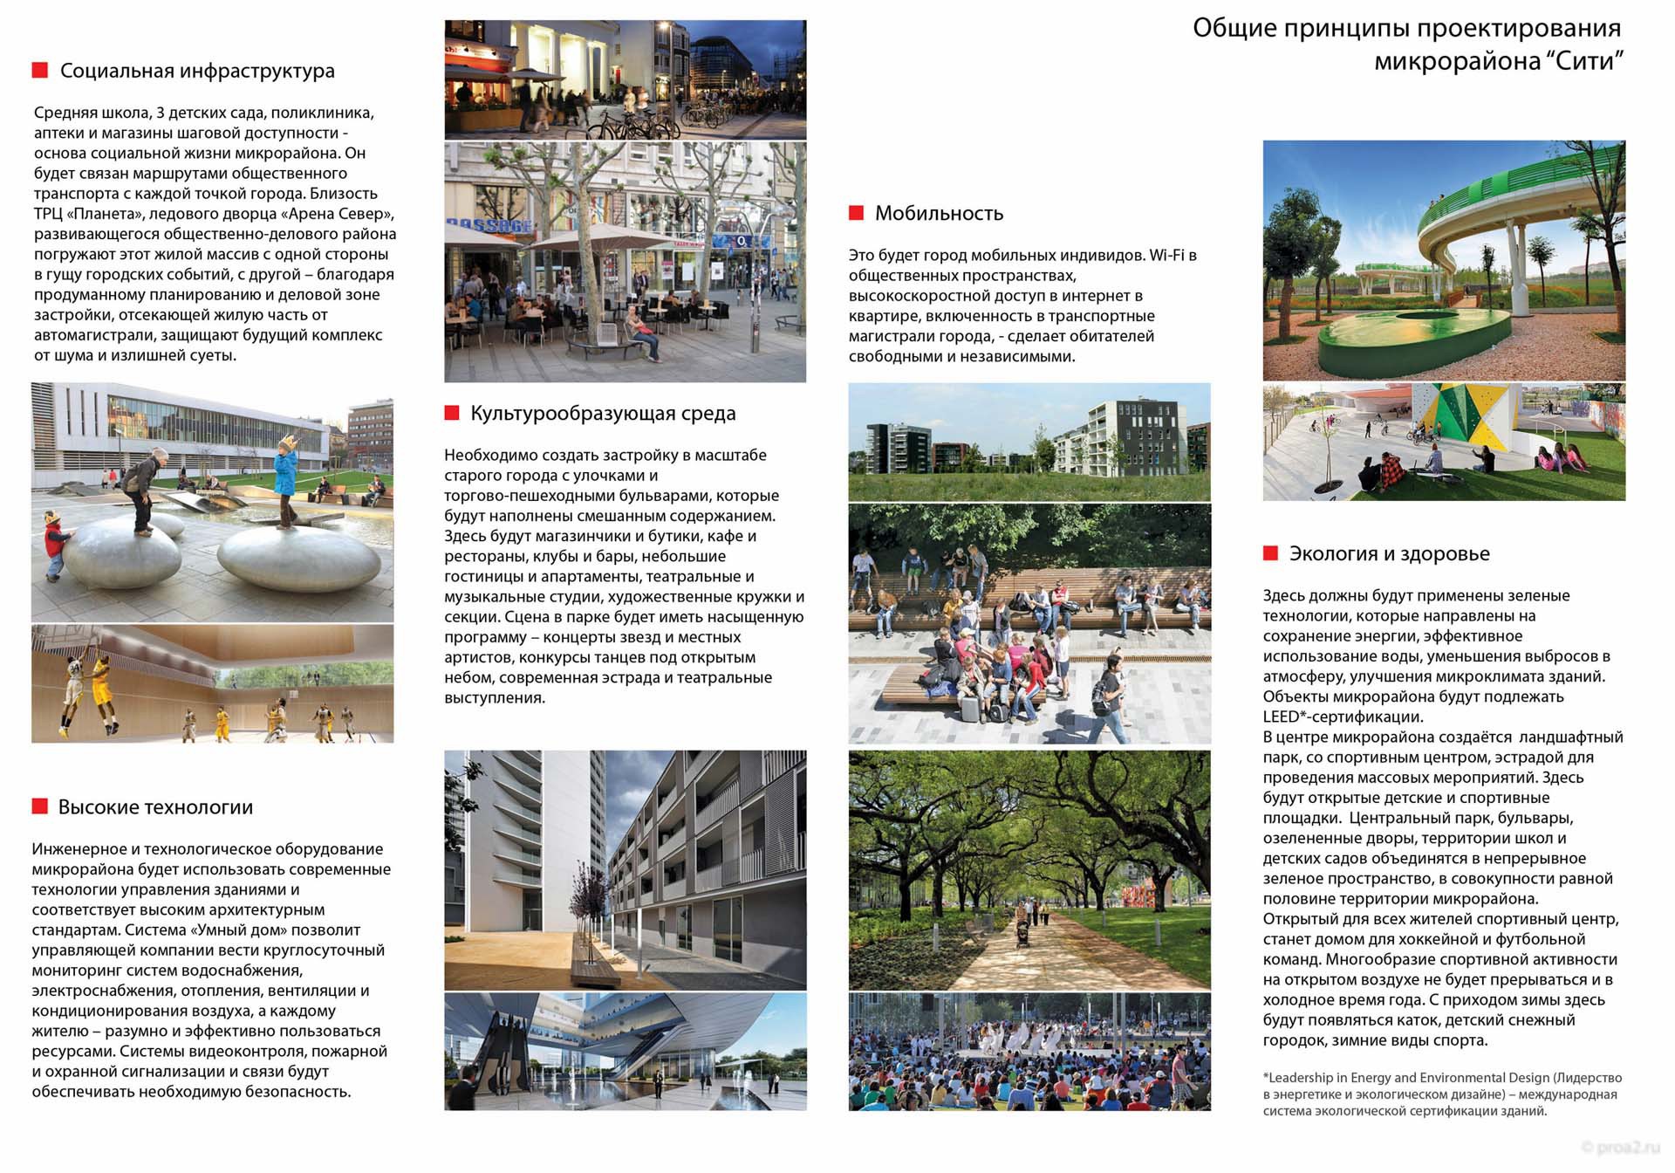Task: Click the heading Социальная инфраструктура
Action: click(x=197, y=71)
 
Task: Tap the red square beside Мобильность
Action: click(x=856, y=213)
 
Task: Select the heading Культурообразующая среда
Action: click(x=603, y=414)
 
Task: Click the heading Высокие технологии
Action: click(x=155, y=807)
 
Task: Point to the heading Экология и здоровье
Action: click(x=1389, y=553)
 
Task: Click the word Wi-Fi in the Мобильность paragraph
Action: click(x=1167, y=256)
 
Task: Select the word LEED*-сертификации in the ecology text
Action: click(x=1342, y=717)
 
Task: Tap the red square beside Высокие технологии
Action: click(x=39, y=806)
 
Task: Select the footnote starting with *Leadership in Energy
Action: click(x=1441, y=1094)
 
